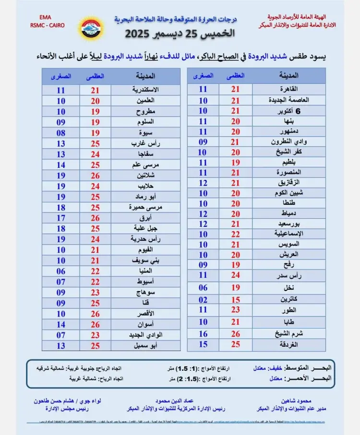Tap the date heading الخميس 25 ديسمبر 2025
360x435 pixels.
coord(180,34)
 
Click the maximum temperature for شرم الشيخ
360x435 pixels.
coord(235,334)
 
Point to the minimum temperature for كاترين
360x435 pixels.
coord(203,299)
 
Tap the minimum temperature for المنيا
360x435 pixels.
coord(61,271)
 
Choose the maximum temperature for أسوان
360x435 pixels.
coord(95,324)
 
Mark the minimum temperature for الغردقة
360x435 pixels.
coord(203,344)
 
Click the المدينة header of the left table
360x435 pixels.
coord(145,76)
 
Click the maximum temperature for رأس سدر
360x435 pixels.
coord(235,275)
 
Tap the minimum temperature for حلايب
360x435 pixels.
coord(61,186)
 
